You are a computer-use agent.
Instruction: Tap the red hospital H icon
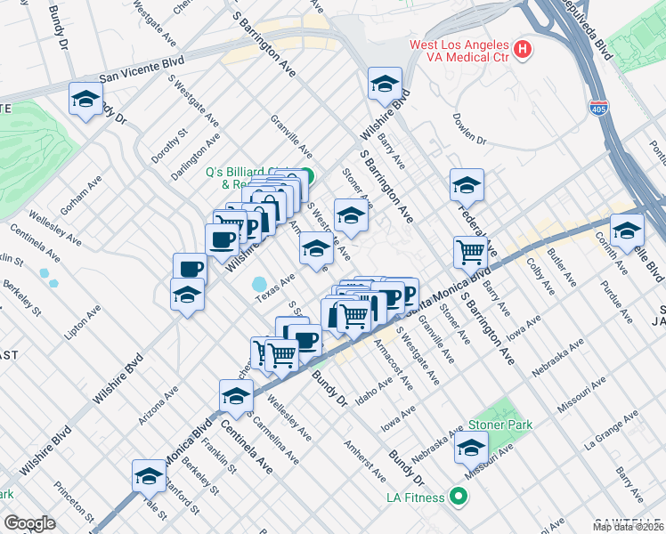coord(524,47)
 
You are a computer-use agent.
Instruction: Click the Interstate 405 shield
coord(597,106)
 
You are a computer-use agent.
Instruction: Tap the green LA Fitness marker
coord(459,497)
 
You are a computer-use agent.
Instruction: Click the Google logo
coord(29,523)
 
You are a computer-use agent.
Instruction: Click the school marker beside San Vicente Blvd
coord(85,99)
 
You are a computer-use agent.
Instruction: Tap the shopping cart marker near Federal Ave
coord(469,251)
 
